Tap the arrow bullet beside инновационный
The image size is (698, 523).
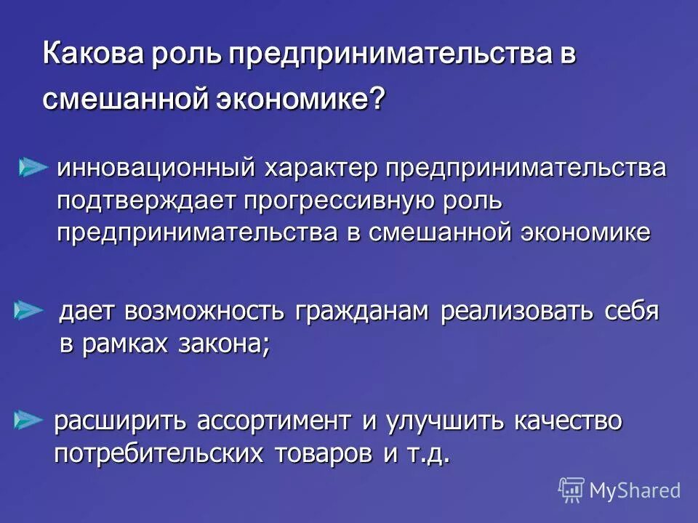(33, 168)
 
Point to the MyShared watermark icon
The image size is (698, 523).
(571, 490)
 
